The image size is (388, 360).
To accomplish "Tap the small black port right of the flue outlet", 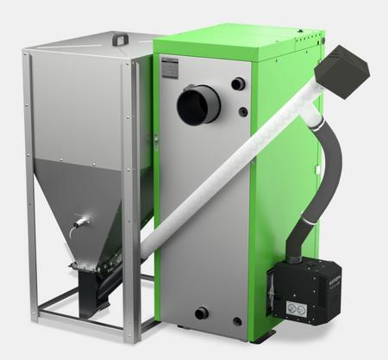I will (238, 84).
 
